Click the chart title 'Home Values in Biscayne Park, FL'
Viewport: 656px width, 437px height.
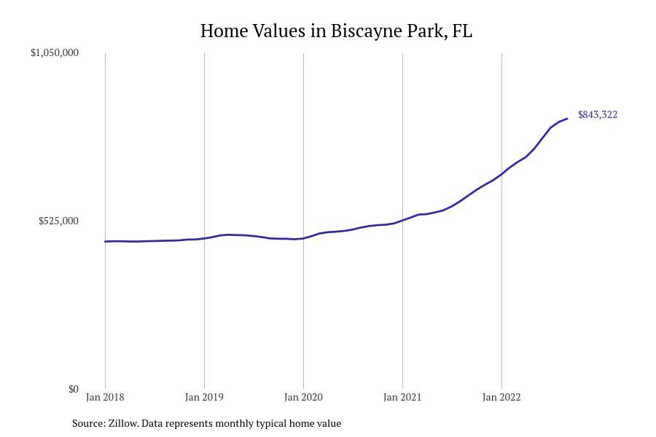336,31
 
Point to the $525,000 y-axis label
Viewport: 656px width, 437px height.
58,221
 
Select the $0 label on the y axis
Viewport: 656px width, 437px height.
73,389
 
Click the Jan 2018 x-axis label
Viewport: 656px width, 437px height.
105,398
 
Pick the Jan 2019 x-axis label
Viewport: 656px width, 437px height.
204,398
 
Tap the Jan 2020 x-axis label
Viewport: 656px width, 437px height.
303,398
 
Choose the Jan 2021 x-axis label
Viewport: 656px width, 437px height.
402,398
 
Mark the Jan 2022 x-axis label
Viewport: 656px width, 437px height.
501,398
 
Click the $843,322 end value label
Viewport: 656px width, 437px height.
598,115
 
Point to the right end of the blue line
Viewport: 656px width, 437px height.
567,119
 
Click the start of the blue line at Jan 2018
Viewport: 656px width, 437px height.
105,241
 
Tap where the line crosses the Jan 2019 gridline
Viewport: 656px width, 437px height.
204,238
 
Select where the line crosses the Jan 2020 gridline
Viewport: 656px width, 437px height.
303,238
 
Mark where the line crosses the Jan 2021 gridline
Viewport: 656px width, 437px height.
402,219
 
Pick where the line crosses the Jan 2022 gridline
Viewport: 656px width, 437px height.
501,173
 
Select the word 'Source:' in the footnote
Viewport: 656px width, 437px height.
88,423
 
